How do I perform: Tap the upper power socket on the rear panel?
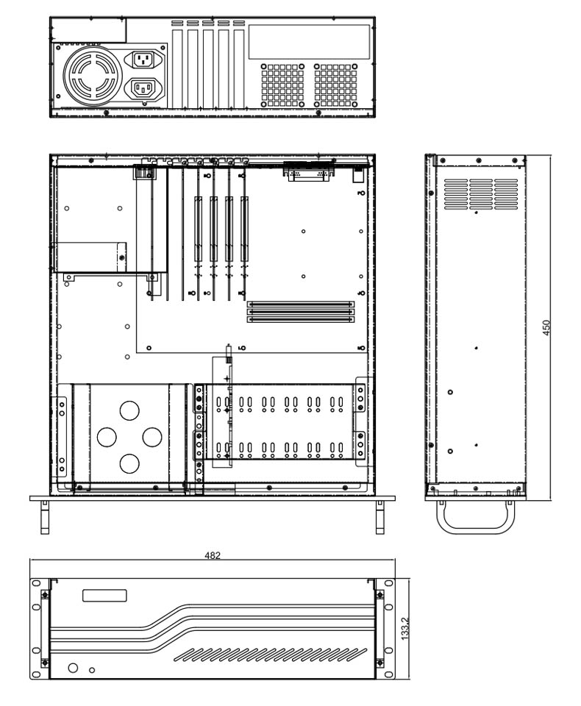pos(144,60)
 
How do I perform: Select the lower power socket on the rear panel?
pos(144,89)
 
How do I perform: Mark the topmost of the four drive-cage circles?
pos(129,410)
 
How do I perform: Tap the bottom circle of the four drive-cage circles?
pos(129,463)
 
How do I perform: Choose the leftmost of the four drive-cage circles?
pos(106,436)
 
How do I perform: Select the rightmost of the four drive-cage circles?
pos(152,436)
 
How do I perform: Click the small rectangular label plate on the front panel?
pos(104,596)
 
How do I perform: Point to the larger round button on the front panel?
pos(74,668)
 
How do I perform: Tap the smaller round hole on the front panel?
pos(92,671)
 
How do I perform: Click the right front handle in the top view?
pos(379,516)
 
